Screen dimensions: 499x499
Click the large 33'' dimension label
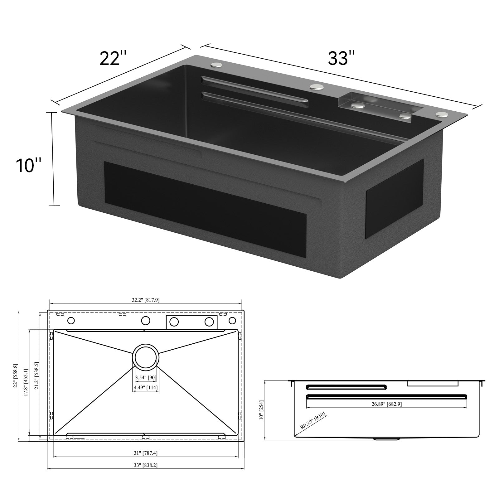(341, 58)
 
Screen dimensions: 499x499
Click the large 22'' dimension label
(113, 58)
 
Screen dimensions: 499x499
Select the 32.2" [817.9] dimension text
(146, 300)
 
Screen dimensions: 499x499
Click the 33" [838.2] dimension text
(146, 465)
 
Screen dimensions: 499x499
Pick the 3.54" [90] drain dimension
(145, 378)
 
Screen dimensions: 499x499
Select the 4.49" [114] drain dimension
(146, 388)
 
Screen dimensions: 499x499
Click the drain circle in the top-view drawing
(146, 357)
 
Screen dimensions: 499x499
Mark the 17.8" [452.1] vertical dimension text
(26, 382)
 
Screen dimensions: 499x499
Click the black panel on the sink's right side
(395, 199)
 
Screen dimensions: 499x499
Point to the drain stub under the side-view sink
(387, 439)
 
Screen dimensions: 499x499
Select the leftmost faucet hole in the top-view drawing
(71, 321)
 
